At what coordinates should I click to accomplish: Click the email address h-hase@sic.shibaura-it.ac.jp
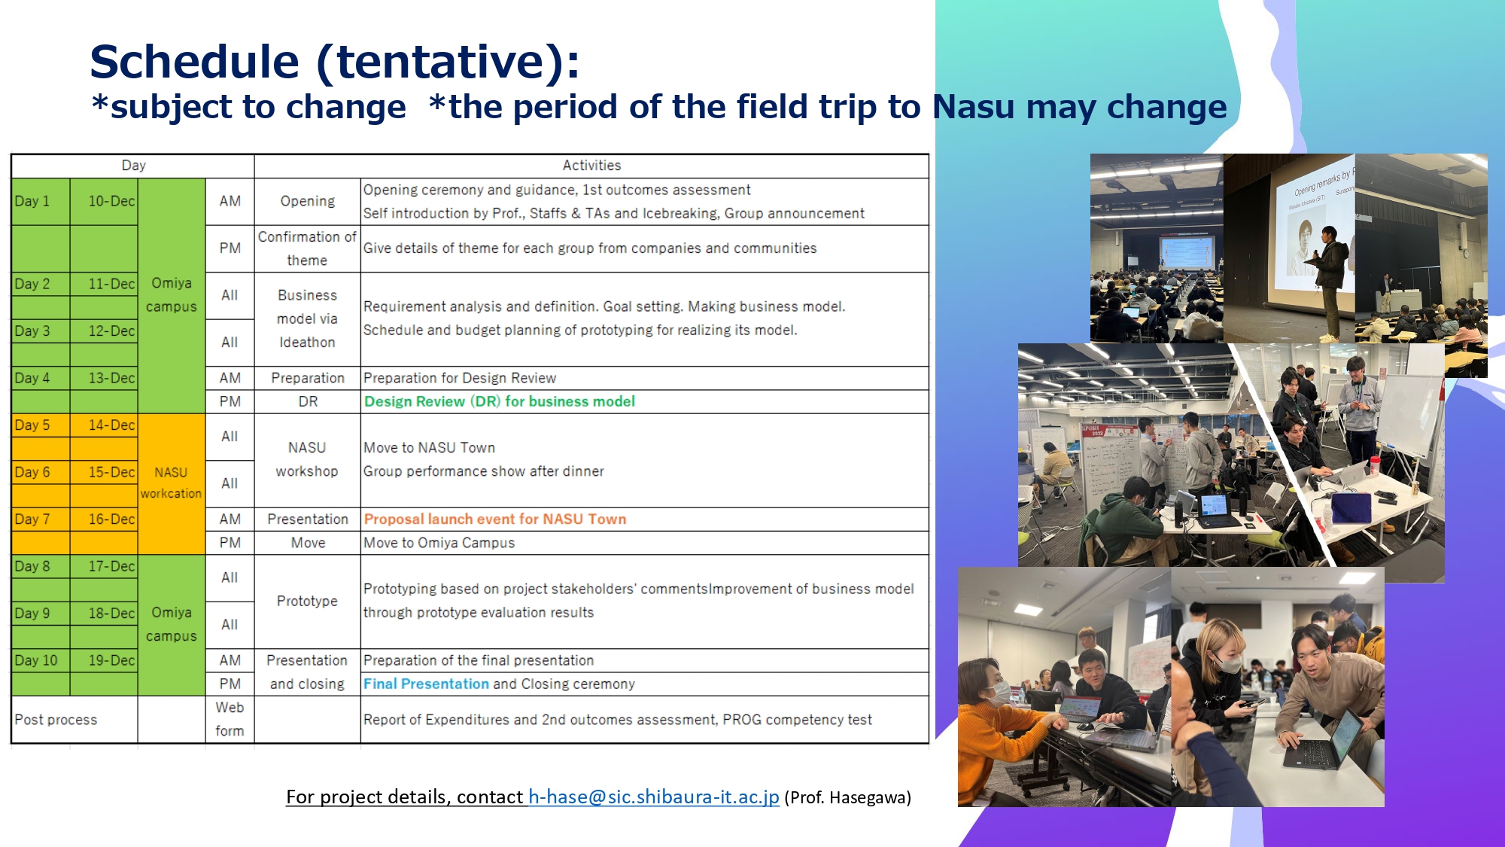pyautogui.click(x=653, y=797)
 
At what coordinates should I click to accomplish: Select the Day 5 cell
pyautogui.click(x=41, y=425)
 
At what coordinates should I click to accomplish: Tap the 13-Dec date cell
pyautogui.click(x=104, y=378)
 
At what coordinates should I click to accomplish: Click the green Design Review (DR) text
pyautogui.click(x=499, y=401)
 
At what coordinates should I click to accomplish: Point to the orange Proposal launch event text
pyautogui.click(x=494, y=519)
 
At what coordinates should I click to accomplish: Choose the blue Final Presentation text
pyautogui.click(x=426, y=684)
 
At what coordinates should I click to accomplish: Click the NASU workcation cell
pyautogui.click(x=172, y=483)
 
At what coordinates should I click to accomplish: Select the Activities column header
pyautogui.click(x=591, y=166)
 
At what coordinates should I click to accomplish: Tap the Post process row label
pyautogui.click(x=56, y=720)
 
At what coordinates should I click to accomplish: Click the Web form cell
pyautogui.click(x=230, y=719)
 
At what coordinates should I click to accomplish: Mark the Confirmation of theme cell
pyautogui.click(x=307, y=248)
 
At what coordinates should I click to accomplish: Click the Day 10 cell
pyautogui.click(x=41, y=660)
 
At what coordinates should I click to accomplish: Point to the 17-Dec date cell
pyautogui.click(x=104, y=566)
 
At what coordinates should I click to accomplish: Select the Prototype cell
pyautogui.click(x=307, y=601)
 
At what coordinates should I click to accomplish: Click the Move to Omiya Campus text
pyautogui.click(x=439, y=543)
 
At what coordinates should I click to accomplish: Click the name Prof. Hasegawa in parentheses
pyautogui.click(x=847, y=797)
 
